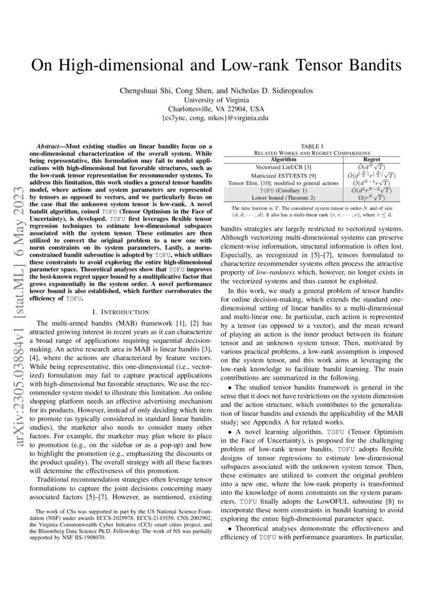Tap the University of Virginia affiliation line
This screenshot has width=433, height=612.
click(x=216, y=99)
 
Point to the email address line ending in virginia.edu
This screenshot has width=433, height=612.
click(x=216, y=118)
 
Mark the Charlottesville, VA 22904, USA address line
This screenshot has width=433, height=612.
click(x=216, y=109)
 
